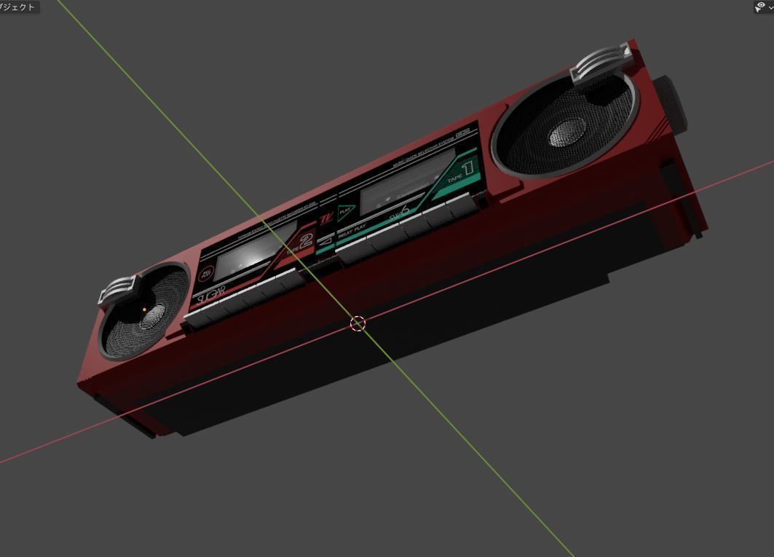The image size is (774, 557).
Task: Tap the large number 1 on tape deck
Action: click(x=467, y=168)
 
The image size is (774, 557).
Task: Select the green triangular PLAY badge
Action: click(x=345, y=211)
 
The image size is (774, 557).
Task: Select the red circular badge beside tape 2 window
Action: click(x=206, y=273)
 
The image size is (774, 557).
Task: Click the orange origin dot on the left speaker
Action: click(x=144, y=310)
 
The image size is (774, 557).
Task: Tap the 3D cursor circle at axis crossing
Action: click(x=358, y=324)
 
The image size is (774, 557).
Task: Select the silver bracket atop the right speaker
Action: click(x=601, y=64)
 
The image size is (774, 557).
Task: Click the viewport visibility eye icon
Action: click(x=760, y=7)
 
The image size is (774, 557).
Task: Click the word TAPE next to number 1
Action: click(x=454, y=177)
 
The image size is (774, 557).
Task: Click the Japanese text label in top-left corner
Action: click(x=17, y=7)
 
